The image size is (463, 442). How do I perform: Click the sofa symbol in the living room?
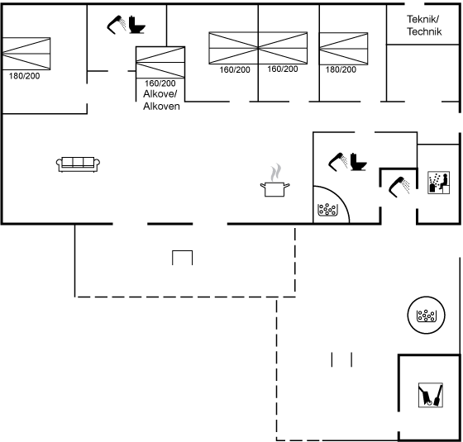78,164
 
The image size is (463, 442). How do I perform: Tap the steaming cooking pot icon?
274,181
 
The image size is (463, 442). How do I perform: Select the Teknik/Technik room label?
424,26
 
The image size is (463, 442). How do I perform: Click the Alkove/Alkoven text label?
161,100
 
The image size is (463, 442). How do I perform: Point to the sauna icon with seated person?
439,183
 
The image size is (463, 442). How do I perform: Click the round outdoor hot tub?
426,315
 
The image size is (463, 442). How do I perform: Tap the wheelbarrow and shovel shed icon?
431,395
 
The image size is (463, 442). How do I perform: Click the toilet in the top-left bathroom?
137,25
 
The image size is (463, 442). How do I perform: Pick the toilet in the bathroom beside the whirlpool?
359,162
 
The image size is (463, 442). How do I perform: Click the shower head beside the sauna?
399,187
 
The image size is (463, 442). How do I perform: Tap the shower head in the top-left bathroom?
117,25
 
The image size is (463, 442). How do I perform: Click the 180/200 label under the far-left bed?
24,76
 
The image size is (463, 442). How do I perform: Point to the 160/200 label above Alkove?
160,83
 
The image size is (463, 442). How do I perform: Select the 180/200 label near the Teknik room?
341,69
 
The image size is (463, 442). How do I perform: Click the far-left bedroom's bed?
26,54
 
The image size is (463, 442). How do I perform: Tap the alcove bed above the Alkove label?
160,62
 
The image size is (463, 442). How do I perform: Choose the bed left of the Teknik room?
343,49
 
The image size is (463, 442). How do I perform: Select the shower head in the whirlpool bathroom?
338,162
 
